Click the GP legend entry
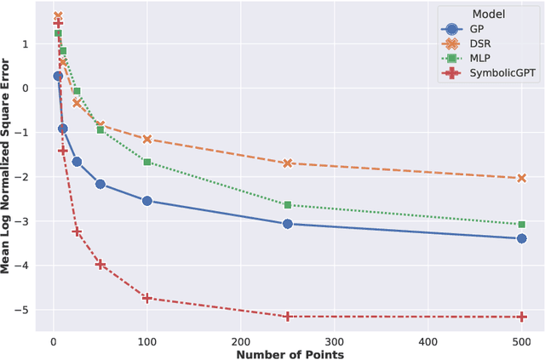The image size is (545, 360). click(477, 29)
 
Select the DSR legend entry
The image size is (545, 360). click(479, 43)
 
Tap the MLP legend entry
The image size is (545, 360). click(480, 58)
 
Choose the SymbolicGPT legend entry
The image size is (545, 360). click(498, 73)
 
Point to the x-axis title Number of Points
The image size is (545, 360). click(290, 353)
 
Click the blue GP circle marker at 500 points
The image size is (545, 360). click(522, 238)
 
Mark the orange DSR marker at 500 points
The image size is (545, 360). click(522, 178)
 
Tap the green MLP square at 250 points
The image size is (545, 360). click(288, 205)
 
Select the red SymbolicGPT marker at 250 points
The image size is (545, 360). click(288, 317)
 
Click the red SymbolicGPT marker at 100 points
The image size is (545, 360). click(147, 298)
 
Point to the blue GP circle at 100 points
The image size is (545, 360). click(147, 201)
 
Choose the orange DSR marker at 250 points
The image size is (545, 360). click(288, 163)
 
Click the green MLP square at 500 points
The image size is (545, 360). click(522, 224)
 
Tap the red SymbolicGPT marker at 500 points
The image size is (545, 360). click(522, 317)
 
